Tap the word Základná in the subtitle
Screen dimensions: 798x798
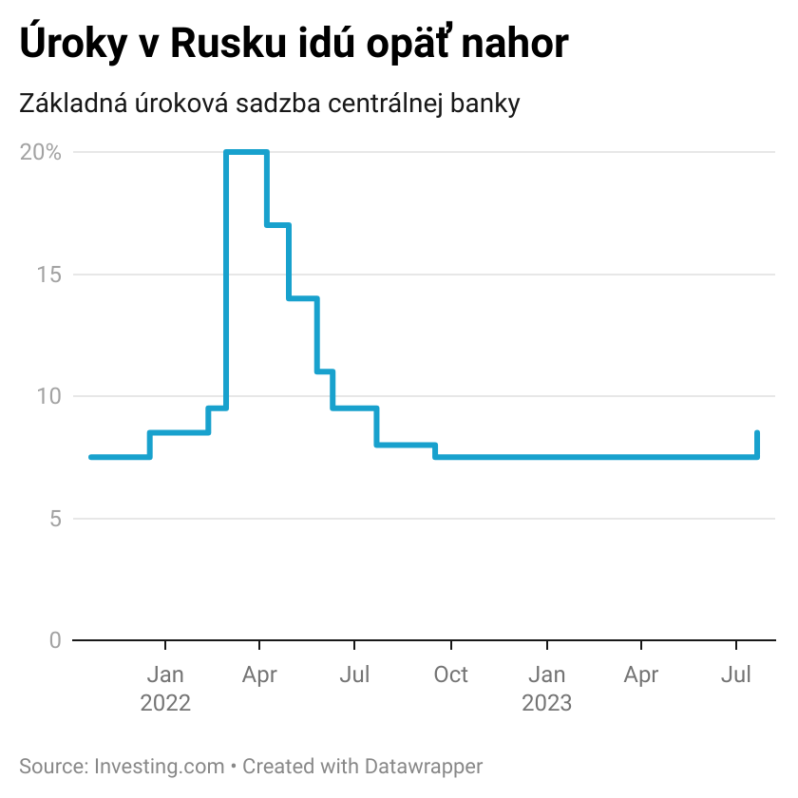click(77, 104)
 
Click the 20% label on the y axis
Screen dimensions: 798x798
click(40, 152)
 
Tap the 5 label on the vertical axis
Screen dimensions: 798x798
click(54, 519)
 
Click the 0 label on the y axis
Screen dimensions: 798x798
click(54, 640)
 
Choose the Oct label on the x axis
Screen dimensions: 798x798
click(450, 674)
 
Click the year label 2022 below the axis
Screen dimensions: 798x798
click(165, 703)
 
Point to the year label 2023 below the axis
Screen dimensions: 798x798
click(547, 703)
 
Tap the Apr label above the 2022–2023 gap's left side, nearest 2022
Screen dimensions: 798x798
click(259, 674)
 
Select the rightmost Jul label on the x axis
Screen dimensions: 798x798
click(736, 674)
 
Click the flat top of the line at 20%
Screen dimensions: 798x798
click(247, 152)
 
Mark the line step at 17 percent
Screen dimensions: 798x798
click(277, 225)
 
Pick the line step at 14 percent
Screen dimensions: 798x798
click(303, 298)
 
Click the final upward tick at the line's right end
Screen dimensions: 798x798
click(757, 444)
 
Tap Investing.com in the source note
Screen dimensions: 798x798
click(159, 766)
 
